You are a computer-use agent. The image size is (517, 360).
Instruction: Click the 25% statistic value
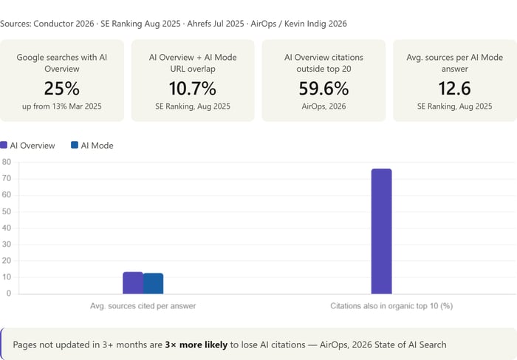(61, 89)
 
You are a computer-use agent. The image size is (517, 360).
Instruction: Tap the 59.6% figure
(323, 89)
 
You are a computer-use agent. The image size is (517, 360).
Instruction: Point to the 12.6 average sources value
(454, 89)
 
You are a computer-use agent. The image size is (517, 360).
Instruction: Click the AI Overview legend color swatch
(4, 146)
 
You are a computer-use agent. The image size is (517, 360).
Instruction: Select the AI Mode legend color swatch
(75, 146)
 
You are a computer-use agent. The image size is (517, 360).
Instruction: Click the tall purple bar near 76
(381, 231)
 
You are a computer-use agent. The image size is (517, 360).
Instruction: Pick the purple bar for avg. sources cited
(132, 283)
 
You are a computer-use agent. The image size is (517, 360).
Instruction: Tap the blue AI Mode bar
(153, 284)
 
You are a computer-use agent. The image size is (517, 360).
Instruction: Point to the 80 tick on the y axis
(6, 163)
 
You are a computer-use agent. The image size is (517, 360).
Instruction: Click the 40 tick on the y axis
(6, 228)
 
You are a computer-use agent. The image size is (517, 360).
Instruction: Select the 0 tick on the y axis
(8, 293)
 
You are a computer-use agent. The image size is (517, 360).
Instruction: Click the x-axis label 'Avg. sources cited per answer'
(143, 305)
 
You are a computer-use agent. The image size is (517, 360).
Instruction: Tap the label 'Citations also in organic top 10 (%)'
(391, 305)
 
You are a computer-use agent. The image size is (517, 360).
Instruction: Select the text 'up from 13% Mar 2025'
(61, 106)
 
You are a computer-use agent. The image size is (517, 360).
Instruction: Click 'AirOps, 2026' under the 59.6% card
(323, 106)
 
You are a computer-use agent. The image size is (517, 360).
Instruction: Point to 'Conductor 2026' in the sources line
(69, 24)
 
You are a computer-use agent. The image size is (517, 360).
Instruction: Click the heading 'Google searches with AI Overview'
(61, 62)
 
